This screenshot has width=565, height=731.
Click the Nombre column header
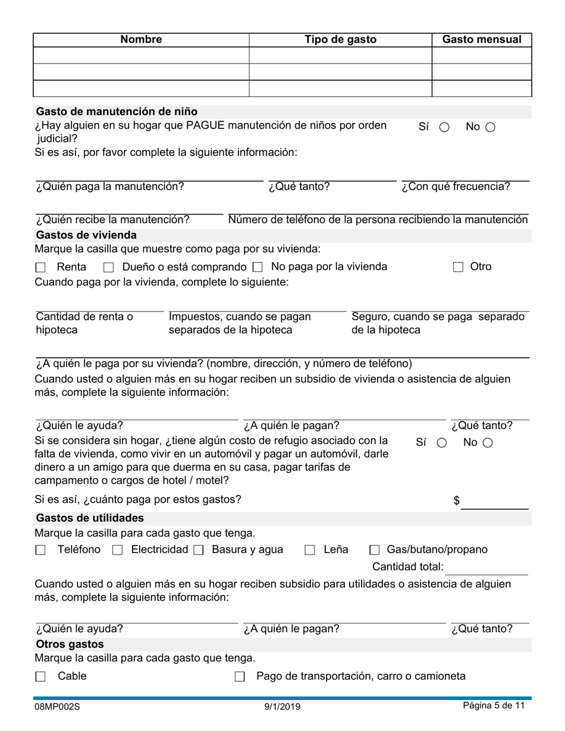click(141, 40)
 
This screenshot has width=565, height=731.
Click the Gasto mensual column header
click(482, 40)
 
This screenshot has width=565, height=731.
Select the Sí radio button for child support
click(444, 127)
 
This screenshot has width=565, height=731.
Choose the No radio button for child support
click(490, 127)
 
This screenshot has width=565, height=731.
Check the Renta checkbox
click(40, 267)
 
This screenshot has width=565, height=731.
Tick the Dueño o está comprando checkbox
click(108, 267)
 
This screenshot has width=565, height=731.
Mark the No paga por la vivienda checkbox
click(258, 267)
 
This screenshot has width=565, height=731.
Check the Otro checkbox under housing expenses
click(458, 267)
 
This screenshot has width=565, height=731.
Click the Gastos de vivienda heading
click(86, 235)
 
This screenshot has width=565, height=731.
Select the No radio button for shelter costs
click(487, 443)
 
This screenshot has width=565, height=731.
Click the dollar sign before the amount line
click(457, 500)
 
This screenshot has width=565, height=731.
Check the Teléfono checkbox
click(40, 550)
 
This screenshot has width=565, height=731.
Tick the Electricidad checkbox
click(117, 550)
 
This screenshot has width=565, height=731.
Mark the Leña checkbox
click(310, 550)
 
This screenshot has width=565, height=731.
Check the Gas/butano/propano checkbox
click(375, 550)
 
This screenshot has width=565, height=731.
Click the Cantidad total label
click(408, 567)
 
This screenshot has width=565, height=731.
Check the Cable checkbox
click(40, 677)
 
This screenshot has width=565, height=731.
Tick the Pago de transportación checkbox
click(240, 677)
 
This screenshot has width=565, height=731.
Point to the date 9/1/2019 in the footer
click(282, 707)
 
